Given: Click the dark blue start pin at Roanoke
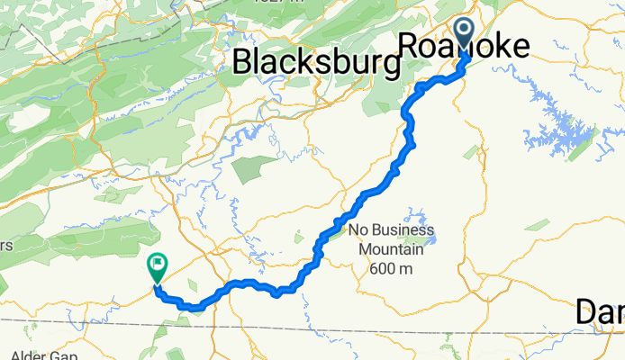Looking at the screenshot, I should (465, 34).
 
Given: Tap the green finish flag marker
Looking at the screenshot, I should (157, 265).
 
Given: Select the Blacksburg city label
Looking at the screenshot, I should (316, 62).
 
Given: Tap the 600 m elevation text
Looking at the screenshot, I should (390, 268).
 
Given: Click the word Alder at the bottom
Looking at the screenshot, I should (22, 355).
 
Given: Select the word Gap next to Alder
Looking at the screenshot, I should (62, 355).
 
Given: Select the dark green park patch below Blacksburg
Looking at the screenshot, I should (253, 168).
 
